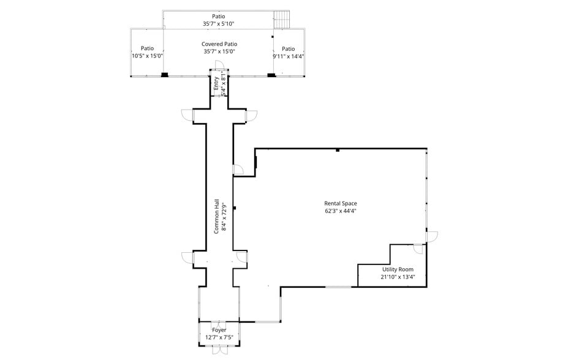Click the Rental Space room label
341,203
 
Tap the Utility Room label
398,269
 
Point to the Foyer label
219,330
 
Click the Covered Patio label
219,44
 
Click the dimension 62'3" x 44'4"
341,211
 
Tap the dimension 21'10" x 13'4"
398,277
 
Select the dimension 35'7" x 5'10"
219,24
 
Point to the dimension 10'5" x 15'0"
147,56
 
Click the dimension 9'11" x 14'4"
288,56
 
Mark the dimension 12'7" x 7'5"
219,337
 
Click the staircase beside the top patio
281,19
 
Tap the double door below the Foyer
219,351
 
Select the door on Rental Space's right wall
432,235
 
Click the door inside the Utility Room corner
418,249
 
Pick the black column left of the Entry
164,75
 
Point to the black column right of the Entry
271,75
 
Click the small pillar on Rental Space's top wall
338,149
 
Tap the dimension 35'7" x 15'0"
219,51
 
